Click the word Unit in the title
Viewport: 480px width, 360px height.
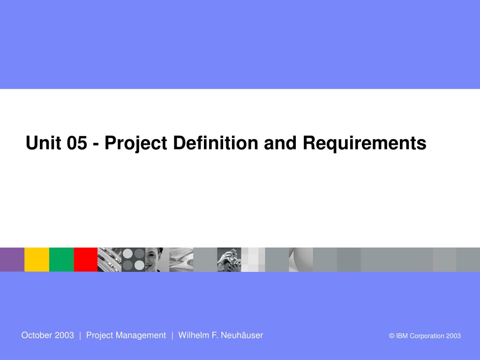44,142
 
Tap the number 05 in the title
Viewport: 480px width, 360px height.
77,142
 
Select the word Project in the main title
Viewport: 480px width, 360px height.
136,143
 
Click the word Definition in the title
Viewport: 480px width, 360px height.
216,142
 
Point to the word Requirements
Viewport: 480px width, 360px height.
364,143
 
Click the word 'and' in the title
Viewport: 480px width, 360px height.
280,142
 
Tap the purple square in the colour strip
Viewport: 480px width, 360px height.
12,260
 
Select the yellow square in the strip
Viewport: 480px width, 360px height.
37,260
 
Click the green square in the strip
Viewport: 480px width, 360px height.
61,260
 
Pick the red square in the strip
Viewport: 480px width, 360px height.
86,260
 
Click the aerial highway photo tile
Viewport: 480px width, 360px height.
110,260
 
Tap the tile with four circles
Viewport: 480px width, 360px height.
134,260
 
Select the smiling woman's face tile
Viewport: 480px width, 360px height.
157,260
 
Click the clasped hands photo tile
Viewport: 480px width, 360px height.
229,260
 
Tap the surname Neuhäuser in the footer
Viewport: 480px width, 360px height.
242,335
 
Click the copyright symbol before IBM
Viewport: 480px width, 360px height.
391,336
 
